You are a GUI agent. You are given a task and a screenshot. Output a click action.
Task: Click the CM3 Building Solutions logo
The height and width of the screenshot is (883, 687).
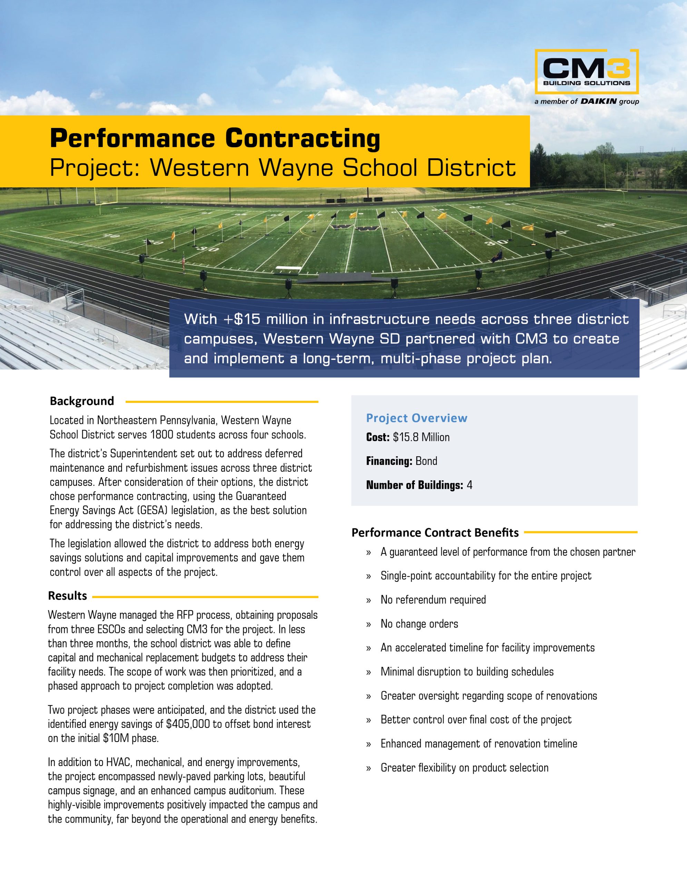pos(587,71)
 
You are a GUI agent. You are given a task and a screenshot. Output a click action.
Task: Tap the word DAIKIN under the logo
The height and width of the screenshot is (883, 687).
pos(598,101)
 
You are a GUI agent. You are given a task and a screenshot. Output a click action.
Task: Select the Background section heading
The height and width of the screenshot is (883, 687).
pos(82,401)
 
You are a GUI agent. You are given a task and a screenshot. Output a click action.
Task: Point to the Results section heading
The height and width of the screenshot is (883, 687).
pos(68,596)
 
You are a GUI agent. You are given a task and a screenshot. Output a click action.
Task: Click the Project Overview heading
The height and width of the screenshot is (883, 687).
pos(416,418)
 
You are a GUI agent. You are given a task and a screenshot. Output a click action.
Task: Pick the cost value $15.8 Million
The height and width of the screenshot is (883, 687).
pos(421,437)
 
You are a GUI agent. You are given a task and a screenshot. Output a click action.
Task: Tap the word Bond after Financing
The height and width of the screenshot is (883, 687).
pos(426,461)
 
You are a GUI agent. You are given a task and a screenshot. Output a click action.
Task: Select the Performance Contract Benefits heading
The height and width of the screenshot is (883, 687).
pos(435,533)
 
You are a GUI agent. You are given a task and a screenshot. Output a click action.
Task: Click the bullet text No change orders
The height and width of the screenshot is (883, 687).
pos(419,624)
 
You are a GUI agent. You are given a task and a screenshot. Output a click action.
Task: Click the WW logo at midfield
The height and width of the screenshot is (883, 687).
pos(355,228)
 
